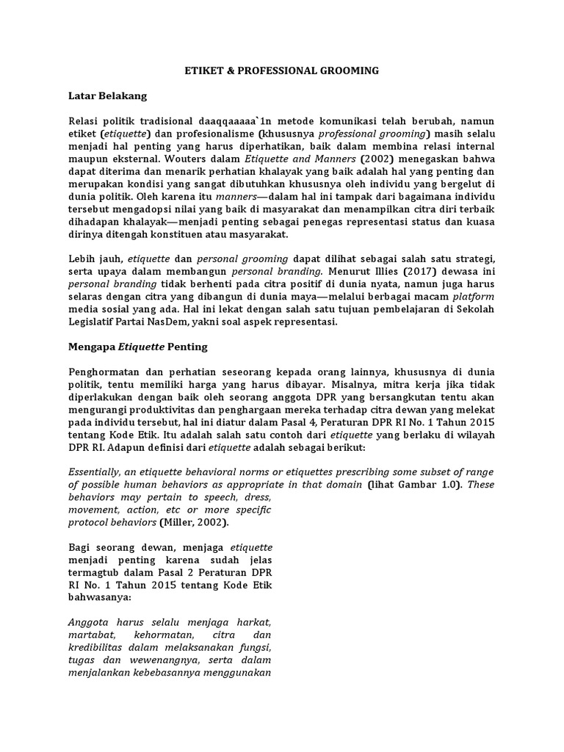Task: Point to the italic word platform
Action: tap(473, 297)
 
